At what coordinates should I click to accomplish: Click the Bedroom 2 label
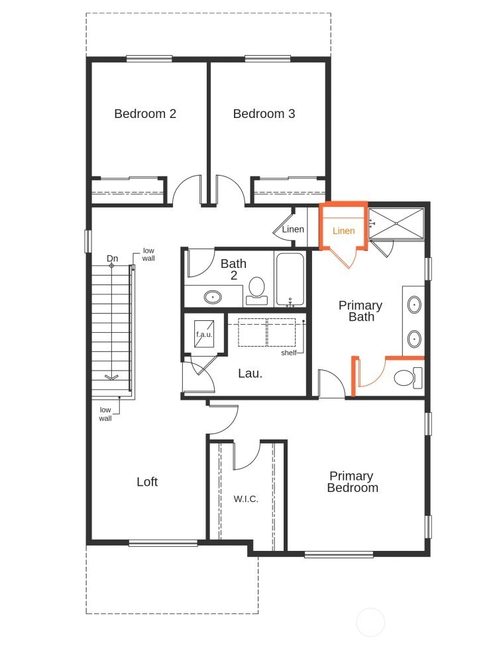point(145,113)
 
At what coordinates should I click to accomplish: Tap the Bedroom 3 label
point(264,113)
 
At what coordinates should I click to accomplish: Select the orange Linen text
point(343,231)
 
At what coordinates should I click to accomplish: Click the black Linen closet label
point(293,229)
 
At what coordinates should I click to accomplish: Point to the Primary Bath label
point(360,311)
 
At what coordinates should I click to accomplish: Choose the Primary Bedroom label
point(353,482)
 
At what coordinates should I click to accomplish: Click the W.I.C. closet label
point(246,498)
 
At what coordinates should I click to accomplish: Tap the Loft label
point(146,482)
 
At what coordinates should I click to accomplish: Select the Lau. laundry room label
point(250,373)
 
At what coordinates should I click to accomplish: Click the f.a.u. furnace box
point(202,334)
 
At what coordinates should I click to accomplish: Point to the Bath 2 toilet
point(256,290)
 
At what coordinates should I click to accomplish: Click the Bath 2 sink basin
point(213,296)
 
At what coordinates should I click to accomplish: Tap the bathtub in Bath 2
point(290,278)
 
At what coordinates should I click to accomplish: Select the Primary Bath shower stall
point(396,223)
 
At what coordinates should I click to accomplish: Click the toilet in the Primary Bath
point(405,378)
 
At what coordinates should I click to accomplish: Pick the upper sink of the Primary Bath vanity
point(414,306)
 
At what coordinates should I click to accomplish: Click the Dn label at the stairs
point(112,259)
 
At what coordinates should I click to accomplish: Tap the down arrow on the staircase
point(111,377)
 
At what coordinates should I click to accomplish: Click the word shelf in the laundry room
point(288,353)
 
